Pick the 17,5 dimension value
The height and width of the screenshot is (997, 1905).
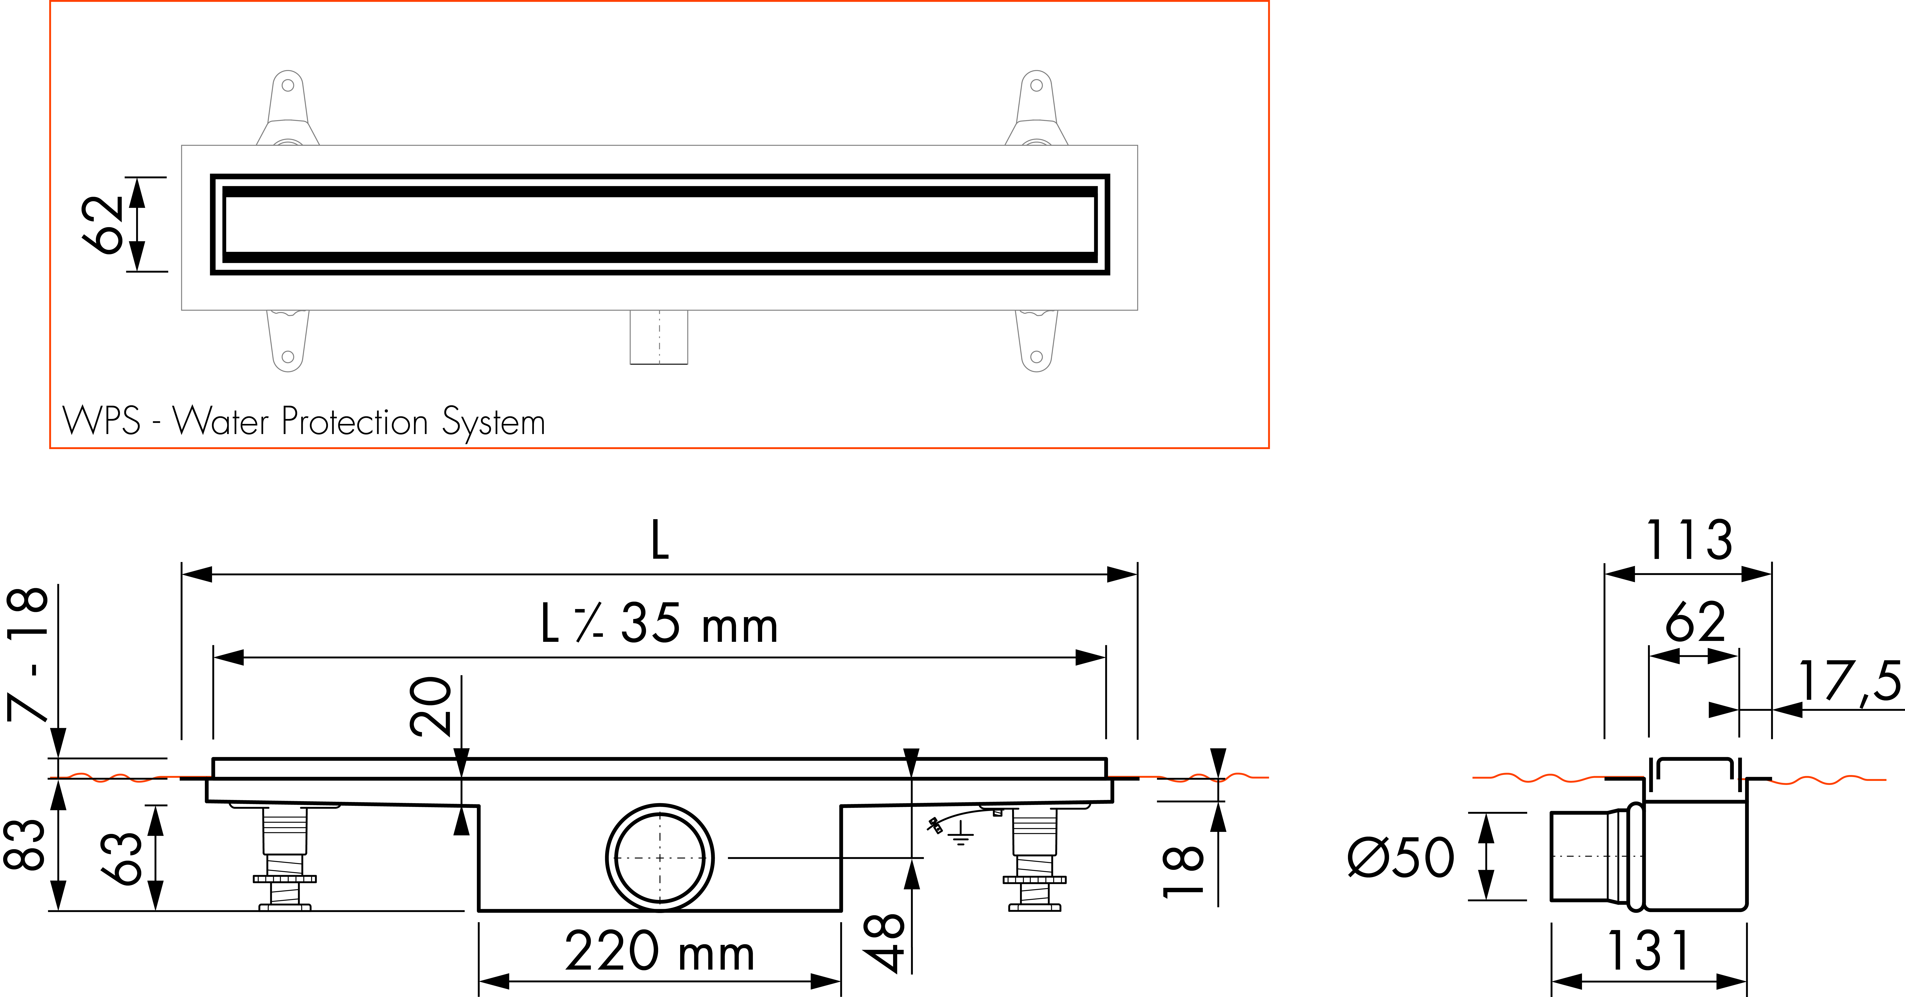pyautogui.click(x=1849, y=681)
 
